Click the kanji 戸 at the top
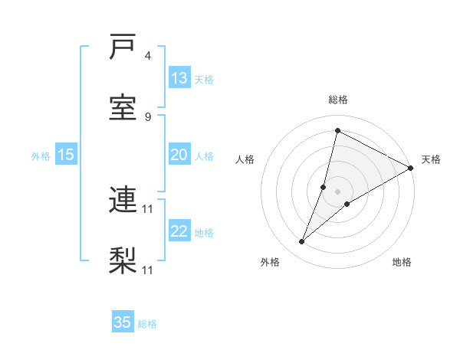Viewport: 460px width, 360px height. point(123,47)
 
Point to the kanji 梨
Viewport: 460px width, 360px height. point(123,260)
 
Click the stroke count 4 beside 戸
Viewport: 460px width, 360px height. point(148,56)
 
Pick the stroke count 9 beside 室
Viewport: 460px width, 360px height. point(148,116)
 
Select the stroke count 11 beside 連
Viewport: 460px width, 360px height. point(149,208)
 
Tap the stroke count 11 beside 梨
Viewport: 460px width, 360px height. point(149,270)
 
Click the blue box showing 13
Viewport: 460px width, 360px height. point(179,78)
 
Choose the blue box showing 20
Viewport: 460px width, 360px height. point(179,155)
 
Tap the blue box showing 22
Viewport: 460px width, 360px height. point(179,231)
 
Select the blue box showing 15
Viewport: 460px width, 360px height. point(66,155)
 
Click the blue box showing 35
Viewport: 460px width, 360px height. point(123,322)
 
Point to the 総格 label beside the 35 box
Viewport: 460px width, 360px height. point(147,324)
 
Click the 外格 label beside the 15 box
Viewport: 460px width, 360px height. point(41,156)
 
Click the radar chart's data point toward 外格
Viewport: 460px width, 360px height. point(302,242)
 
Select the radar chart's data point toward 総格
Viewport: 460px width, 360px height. point(337,131)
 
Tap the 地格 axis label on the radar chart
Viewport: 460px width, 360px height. point(402,263)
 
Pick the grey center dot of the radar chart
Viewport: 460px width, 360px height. point(337,191)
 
